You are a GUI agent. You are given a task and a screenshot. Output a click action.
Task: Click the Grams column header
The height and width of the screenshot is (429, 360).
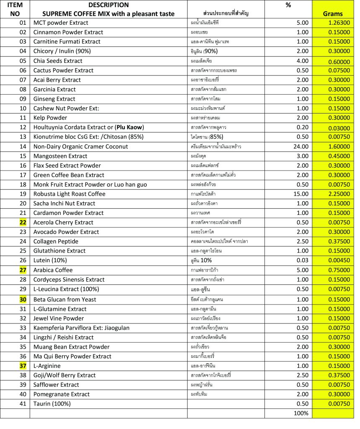click(x=333, y=13)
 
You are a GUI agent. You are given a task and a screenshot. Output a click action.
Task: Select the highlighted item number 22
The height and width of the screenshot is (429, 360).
click(x=23, y=222)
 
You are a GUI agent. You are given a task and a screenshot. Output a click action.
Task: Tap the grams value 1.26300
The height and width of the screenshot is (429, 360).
click(x=338, y=23)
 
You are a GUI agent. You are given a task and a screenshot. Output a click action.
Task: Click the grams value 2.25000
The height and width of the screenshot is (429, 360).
click(x=338, y=194)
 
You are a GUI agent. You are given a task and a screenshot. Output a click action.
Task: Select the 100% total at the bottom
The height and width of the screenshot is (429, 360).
click(x=301, y=413)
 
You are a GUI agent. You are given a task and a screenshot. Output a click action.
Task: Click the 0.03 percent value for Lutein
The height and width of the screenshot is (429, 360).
click(x=303, y=260)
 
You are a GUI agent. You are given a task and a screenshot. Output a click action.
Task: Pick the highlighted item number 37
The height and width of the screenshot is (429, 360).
click(x=23, y=366)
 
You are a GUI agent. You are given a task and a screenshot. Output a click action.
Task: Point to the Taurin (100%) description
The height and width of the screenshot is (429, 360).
click(x=52, y=404)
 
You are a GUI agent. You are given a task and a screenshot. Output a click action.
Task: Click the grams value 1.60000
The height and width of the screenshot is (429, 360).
click(x=338, y=147)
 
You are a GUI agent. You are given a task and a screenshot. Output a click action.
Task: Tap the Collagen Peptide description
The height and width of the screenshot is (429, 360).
click(x=56, y=241)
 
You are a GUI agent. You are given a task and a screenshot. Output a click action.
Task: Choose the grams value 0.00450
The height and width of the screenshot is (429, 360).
click(x=338, y=260)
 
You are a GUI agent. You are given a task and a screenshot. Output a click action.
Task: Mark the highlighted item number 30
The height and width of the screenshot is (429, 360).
click(x=23, y=299)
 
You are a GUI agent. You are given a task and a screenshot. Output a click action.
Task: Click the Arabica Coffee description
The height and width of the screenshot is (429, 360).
click(x=53, y=270)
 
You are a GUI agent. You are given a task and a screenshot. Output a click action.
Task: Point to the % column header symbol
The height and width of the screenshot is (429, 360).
click(x=288, y=5)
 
